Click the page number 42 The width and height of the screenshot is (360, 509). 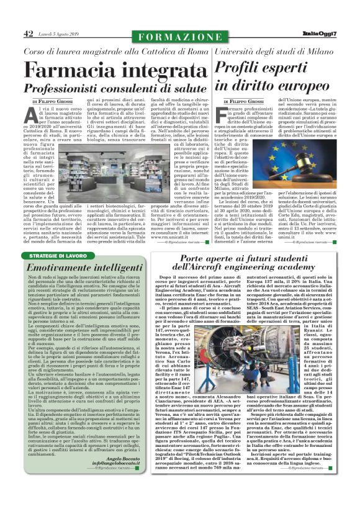click(29, 35)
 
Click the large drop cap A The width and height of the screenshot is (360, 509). click(29, 114)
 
